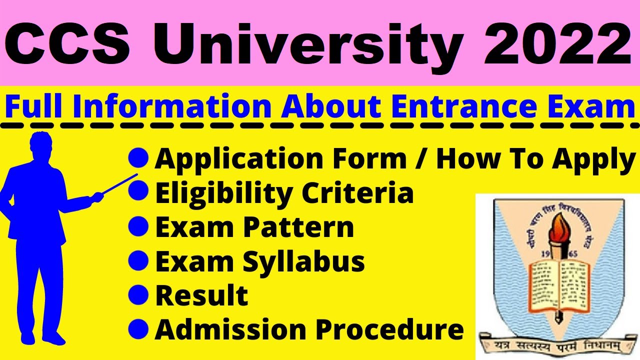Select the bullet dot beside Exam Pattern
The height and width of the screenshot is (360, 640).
pyautogui.click(x=138, y=226)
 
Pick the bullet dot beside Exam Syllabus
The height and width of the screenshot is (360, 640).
pyautogui.click(x=138, y=260)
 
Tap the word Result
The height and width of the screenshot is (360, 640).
pyautogui.click(x=201, y=295)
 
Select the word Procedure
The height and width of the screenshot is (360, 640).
pyautogui.click(x=391, y=330)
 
